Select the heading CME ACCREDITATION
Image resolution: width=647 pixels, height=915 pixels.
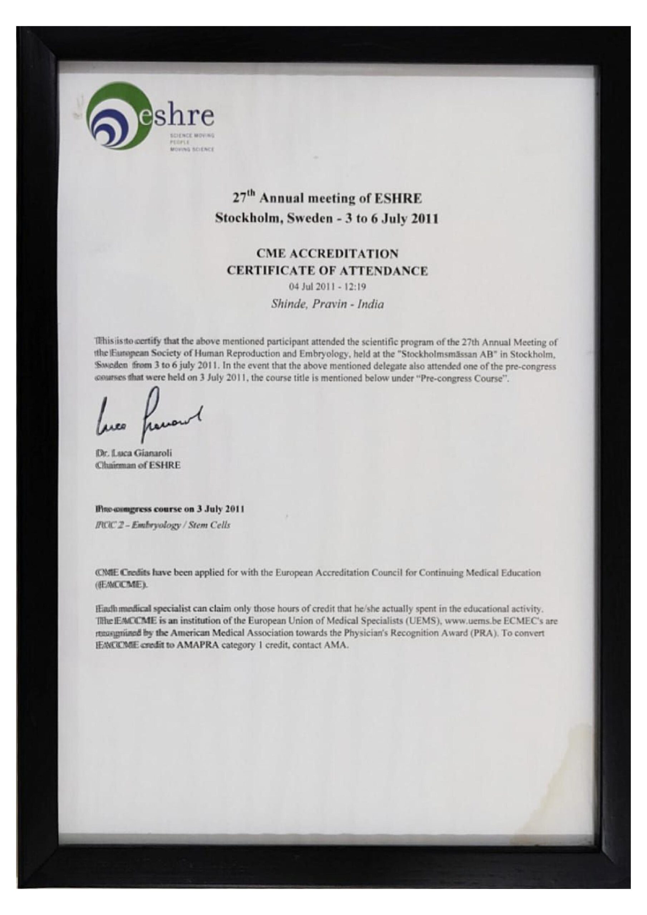coord(327,253)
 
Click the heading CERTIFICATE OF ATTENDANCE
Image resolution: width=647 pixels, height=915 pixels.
coord(327,271)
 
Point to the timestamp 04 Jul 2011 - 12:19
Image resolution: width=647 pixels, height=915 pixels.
coord(327,287)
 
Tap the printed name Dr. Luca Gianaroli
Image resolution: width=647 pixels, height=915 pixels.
coord(134,454)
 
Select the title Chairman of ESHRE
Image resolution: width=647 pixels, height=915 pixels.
coord(138,465)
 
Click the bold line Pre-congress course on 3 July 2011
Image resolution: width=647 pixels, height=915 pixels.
coord(169,509)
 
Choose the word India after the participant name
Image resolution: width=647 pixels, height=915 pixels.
coord(371,305)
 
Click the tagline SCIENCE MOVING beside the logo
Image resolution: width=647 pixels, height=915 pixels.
coord(192,135)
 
